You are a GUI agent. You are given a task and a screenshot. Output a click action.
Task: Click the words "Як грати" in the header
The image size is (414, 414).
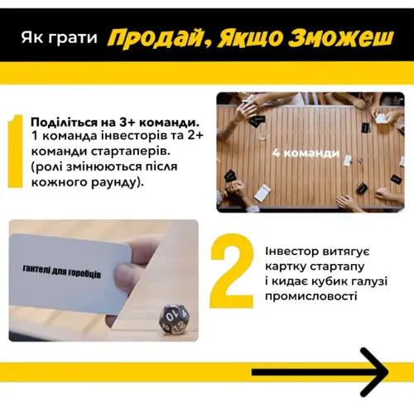pyautogui.click(x=60, y=38)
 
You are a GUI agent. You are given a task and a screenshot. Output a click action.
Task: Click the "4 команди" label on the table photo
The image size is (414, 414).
pyautogui.click(x=306, y=153)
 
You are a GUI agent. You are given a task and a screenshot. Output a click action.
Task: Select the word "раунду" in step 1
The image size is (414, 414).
pyautogui.click(x=112, y=182)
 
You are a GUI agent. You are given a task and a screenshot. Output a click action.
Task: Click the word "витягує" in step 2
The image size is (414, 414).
pyautogui.click(x=347, y=252)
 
